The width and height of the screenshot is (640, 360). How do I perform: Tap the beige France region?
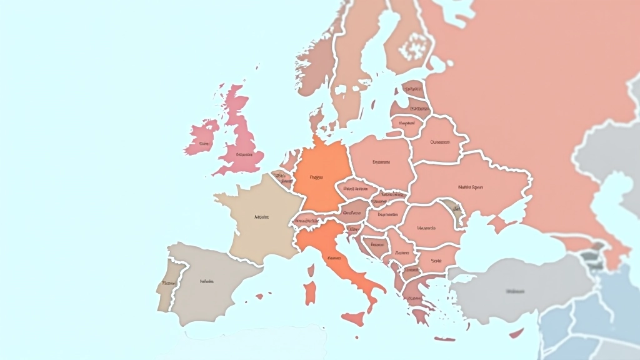click(x=259, y=219)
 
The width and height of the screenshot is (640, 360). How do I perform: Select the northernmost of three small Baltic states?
click(x=412, y=91)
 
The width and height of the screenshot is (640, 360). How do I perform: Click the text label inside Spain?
click(x=206, y=282)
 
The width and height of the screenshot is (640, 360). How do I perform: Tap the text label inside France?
click(x=261, y=217)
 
